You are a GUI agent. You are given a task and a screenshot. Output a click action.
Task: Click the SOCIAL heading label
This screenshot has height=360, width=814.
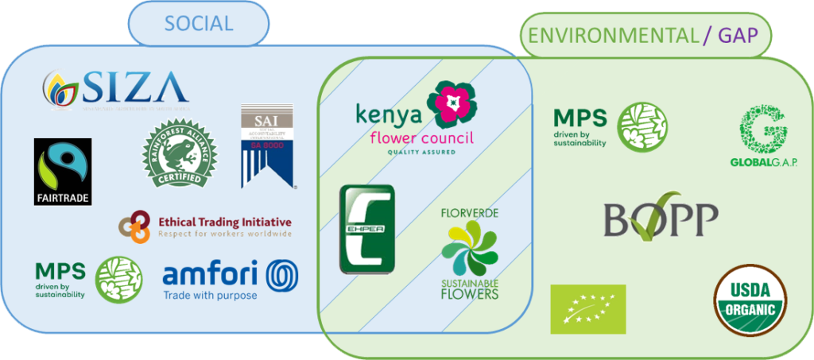click(x=198, y=23)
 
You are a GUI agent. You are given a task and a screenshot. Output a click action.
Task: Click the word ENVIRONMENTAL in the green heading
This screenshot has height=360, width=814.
click(x=609, y=34)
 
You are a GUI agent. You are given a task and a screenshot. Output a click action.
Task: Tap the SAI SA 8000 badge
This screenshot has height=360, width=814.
click(x=266, y=147)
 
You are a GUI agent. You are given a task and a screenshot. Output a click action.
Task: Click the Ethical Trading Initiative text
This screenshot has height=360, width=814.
click(x=225, y=223)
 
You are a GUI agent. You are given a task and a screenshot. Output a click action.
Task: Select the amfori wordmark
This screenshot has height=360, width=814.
click(x=210, y=276)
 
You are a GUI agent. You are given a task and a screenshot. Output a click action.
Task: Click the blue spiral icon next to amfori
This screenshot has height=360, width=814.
click(x=282, y=276)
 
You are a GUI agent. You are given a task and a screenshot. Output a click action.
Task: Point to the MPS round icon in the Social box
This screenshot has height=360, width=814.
click(x=118, y=280)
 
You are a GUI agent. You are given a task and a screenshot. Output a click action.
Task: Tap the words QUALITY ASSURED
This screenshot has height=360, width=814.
click(x=422, y=151)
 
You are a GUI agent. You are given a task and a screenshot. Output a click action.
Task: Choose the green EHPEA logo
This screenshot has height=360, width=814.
click(x=366, y=230)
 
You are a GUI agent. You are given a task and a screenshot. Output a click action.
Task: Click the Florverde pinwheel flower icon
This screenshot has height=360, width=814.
click(x=470, y=248)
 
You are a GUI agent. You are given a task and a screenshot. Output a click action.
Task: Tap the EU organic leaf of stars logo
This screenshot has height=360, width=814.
click(x=588, y=308)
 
